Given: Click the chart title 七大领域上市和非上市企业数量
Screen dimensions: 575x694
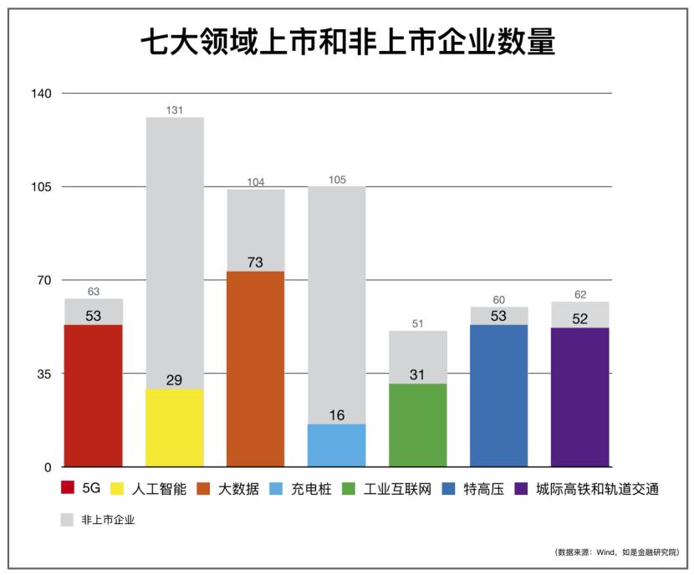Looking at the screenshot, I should (x=347, y=42).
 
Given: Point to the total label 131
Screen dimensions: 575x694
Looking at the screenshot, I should (x=175, y=109).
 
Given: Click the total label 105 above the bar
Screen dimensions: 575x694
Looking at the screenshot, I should (x=337, y=179).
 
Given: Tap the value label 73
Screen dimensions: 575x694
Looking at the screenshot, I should (x=256, y=262).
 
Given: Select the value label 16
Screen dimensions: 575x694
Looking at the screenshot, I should (x=337, y=415).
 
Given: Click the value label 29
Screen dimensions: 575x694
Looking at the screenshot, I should (x=175, y=380).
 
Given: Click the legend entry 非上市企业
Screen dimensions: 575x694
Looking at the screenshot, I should (x=108, y=519).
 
